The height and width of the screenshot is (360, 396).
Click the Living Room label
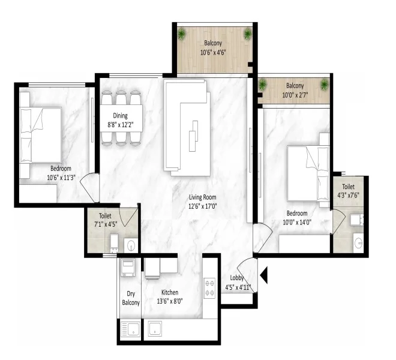(x=203, y=197)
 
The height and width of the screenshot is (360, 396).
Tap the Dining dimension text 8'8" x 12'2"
(x=121, y=125)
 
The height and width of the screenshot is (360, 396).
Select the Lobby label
(x=236, y=278)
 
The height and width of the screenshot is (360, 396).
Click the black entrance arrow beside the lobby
(x=263, y=275)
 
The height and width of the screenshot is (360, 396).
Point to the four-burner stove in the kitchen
(x=209, y=288)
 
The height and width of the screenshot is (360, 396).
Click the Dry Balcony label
(x=131, y=298)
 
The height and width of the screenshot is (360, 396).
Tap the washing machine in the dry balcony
(x=128, y=267)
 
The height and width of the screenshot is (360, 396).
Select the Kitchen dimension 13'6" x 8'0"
(x=170, y=301)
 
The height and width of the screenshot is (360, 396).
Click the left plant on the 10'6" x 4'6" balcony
(x=182, y=34)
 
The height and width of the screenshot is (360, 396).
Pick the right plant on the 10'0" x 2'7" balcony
(x=324, y=85)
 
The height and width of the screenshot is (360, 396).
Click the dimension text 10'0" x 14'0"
(x=297, y=223)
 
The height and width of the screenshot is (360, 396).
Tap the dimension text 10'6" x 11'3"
(x=61, y=178)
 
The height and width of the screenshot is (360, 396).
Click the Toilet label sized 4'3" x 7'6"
(x=348, y=187)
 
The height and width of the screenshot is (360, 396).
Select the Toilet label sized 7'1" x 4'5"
(x=105, y=216)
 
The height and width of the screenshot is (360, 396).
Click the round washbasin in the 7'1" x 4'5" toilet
(x=131, y=245)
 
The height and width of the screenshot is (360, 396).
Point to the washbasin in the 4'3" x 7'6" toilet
(x=358, y=243)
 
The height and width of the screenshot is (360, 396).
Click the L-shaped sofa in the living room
(x=187, y=128)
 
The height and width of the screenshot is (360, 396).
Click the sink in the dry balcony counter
(x=130, y=329)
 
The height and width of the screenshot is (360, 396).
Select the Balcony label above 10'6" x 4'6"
(x=213, y=43)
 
